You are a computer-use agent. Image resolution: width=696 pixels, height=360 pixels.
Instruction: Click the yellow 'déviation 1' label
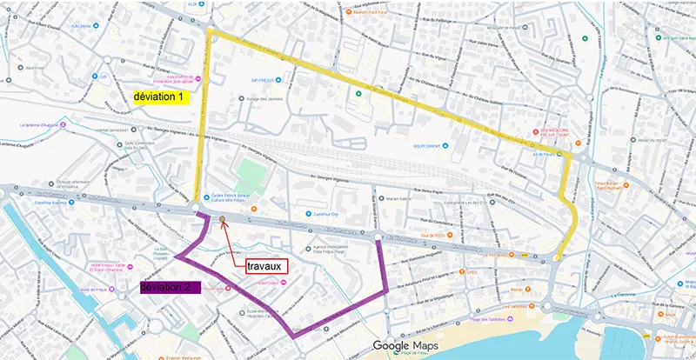(158, 97)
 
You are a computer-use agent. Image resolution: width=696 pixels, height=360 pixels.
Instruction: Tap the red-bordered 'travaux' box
(264, 266)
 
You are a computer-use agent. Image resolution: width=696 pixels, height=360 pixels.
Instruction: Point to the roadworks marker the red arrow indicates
(224, 219)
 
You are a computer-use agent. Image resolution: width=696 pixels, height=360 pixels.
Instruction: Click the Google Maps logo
(405, 345)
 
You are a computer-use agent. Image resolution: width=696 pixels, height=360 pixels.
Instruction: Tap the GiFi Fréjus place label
(263, 79)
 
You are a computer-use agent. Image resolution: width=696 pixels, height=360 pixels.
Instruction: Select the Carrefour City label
(323, 214)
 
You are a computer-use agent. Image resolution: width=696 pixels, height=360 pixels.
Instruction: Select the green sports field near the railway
(251, 170)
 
